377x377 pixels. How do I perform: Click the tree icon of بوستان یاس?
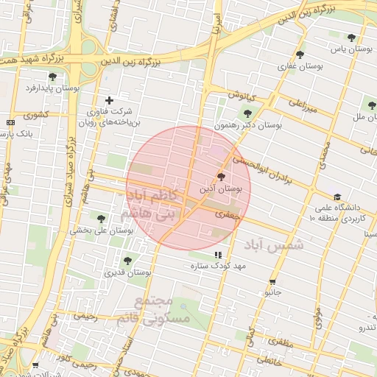[351, 38]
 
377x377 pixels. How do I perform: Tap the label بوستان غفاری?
[297, 66]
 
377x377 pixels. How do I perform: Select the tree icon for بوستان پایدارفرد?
[52, 76]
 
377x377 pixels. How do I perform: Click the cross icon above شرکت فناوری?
[109, 100]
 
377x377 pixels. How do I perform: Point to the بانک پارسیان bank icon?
[10, 122]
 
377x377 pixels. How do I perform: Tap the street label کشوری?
[35, 115]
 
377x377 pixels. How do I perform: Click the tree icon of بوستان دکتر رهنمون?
[247, 113]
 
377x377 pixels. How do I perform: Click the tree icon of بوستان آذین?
[222, 177]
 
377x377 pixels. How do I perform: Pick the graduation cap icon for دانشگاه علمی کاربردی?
[337, 197]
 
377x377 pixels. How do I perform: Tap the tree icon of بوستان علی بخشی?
[101, 218]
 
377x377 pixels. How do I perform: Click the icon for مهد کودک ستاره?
[216, 255]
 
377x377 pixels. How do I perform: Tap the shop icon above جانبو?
[273, 281]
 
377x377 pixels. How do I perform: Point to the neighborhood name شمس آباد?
[276, 244]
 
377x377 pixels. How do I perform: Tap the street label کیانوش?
[240, 95]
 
